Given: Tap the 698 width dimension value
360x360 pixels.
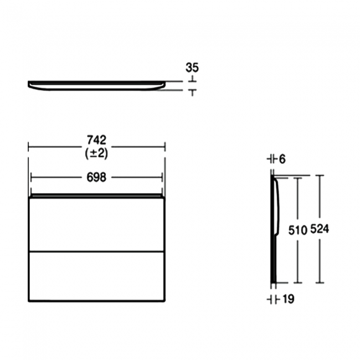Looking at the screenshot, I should tap(96, 177).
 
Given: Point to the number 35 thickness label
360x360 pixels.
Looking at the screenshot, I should tap(192, 68).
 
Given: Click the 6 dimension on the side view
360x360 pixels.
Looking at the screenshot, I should tap(282, 160).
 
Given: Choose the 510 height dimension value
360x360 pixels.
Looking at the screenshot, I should tap(297, 230).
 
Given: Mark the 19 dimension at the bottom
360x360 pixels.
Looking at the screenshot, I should tap(288, 300).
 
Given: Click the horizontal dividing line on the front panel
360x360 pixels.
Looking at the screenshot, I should tap(96, 251).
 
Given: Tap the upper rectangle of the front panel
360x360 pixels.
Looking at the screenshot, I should tap(96, 224).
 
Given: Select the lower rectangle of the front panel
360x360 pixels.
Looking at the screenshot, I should tap(96, 276).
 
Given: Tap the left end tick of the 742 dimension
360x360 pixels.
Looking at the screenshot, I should tap(28, 147).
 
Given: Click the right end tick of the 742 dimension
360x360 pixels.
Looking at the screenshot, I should tap(164, 147).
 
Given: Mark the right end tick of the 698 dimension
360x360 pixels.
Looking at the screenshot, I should tap(162, 177).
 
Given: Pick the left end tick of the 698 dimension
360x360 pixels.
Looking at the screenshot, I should tap(32, 177).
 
